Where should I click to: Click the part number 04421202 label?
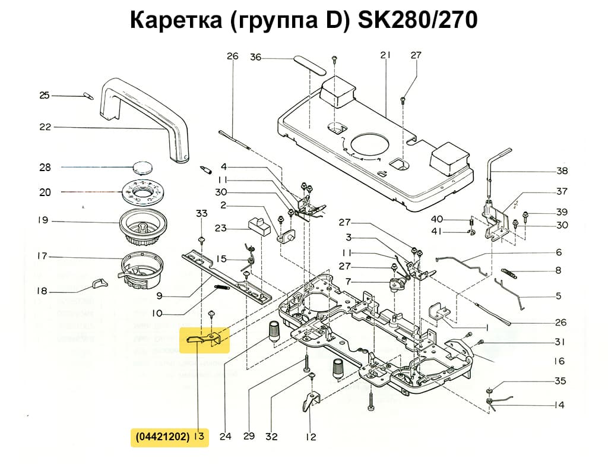[162, 437]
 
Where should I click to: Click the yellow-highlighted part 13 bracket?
[205, 339]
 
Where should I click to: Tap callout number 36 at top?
[255, 57]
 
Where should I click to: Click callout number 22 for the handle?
[45, 127]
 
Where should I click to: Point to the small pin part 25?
[87, 95]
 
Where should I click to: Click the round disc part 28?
[142, 166]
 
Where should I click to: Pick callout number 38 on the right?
[562, 171]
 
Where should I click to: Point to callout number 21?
[385, 55]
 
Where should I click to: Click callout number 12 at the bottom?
[311, 437]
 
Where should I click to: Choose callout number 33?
[202, 213]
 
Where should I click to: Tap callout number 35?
[560, 381]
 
